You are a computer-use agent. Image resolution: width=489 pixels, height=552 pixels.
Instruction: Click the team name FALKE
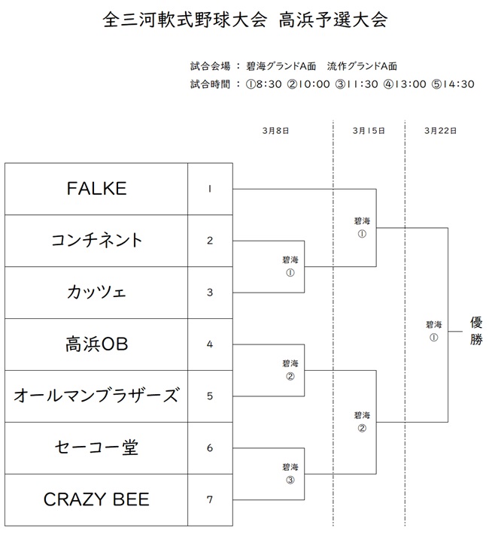click(x=96, y=189)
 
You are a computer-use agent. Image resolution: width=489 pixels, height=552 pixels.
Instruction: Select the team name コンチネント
click(x=96, y=241)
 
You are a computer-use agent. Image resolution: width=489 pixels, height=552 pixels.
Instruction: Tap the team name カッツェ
click(x=96, y=293)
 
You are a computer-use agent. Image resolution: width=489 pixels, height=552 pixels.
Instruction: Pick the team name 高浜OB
click(x=96, y=344)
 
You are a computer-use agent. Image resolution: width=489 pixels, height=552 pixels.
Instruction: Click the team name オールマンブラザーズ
click(x=96, y=396)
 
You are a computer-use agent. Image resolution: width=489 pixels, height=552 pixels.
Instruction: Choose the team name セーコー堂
click(x=96, y=447)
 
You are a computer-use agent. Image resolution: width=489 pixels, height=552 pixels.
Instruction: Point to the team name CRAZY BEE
click(x=96, y=499)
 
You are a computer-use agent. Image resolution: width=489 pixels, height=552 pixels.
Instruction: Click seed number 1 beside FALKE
click(x=210, y=189)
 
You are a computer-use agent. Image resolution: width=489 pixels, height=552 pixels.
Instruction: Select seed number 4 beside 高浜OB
click(x=210, y=344)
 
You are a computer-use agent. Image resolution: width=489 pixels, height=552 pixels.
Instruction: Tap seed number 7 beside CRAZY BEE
click(x=210, y=499)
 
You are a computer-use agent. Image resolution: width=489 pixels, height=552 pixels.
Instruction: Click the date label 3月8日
click(x=275, y=130)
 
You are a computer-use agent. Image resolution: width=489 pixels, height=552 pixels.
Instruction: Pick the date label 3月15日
click(x=368, y=130)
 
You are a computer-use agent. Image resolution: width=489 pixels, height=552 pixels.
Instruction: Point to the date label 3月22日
click(x=440, y=130)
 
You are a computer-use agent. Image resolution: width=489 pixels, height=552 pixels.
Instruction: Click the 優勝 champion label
click(x=477, y=330)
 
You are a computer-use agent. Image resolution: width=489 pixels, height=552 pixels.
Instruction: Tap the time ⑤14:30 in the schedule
click(x=454, y=84)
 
